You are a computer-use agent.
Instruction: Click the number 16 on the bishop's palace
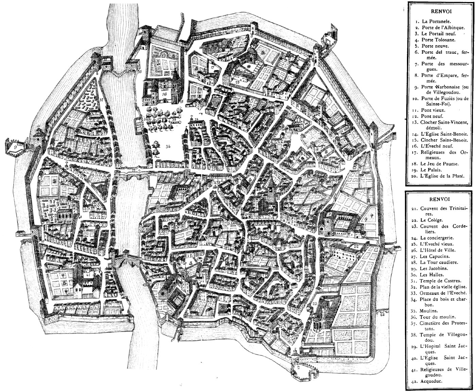click(x=164, y=94)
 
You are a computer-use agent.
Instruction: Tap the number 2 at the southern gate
click(x=298, y=367)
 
